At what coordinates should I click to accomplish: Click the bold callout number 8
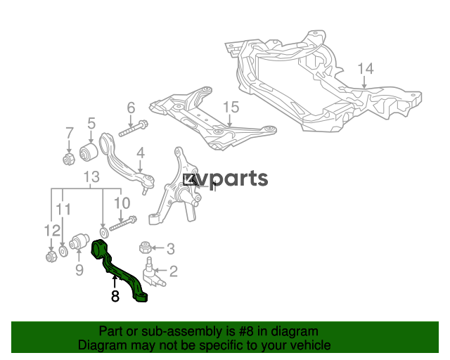coord(115,296)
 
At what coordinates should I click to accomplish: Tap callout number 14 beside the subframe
coord(366,69)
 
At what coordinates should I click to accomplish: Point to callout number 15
coord(231,107)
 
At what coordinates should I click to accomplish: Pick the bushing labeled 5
coord(89,152)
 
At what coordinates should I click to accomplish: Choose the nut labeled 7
coord(69,159)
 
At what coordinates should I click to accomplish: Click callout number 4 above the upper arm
coord(141,153)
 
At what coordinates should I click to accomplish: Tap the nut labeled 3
coord(146,247)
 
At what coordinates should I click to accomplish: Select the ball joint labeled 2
coord(153,272)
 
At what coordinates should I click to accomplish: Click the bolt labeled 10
coord(123,224)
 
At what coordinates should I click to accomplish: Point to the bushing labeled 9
coord(79,242)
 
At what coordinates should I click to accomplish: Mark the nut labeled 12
coord(51,256)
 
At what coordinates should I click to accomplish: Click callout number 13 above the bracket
coord(91,177)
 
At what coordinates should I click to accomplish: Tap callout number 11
coord(63,210)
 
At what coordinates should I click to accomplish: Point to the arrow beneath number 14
coord(364,82)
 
